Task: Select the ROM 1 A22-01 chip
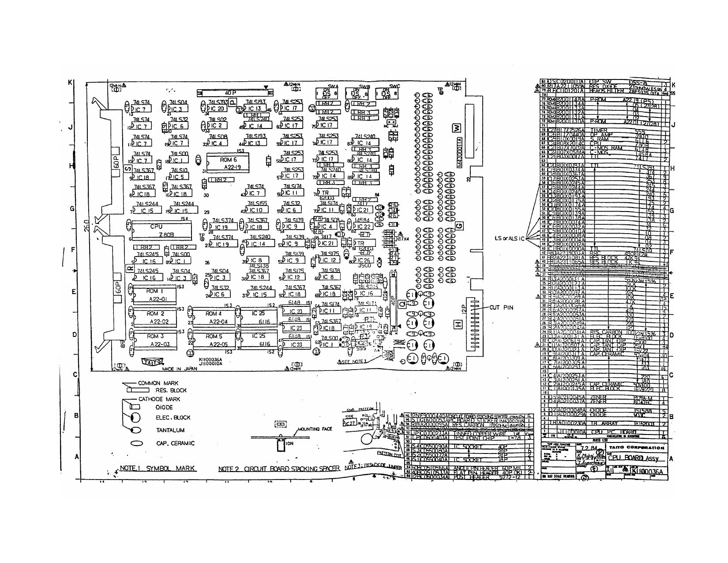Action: [x=155, y=295]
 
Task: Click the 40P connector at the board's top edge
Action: [x=233, y=93]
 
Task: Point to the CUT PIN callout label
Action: [x=502, y=308]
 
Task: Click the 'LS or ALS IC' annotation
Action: [x=510, y=239]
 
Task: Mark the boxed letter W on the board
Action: [x=457, y=128]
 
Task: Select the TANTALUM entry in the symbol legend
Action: [x=170, y=430]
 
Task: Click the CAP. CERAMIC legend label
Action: [x=175, y=443]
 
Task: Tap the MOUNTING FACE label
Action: [x=315, y=429]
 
